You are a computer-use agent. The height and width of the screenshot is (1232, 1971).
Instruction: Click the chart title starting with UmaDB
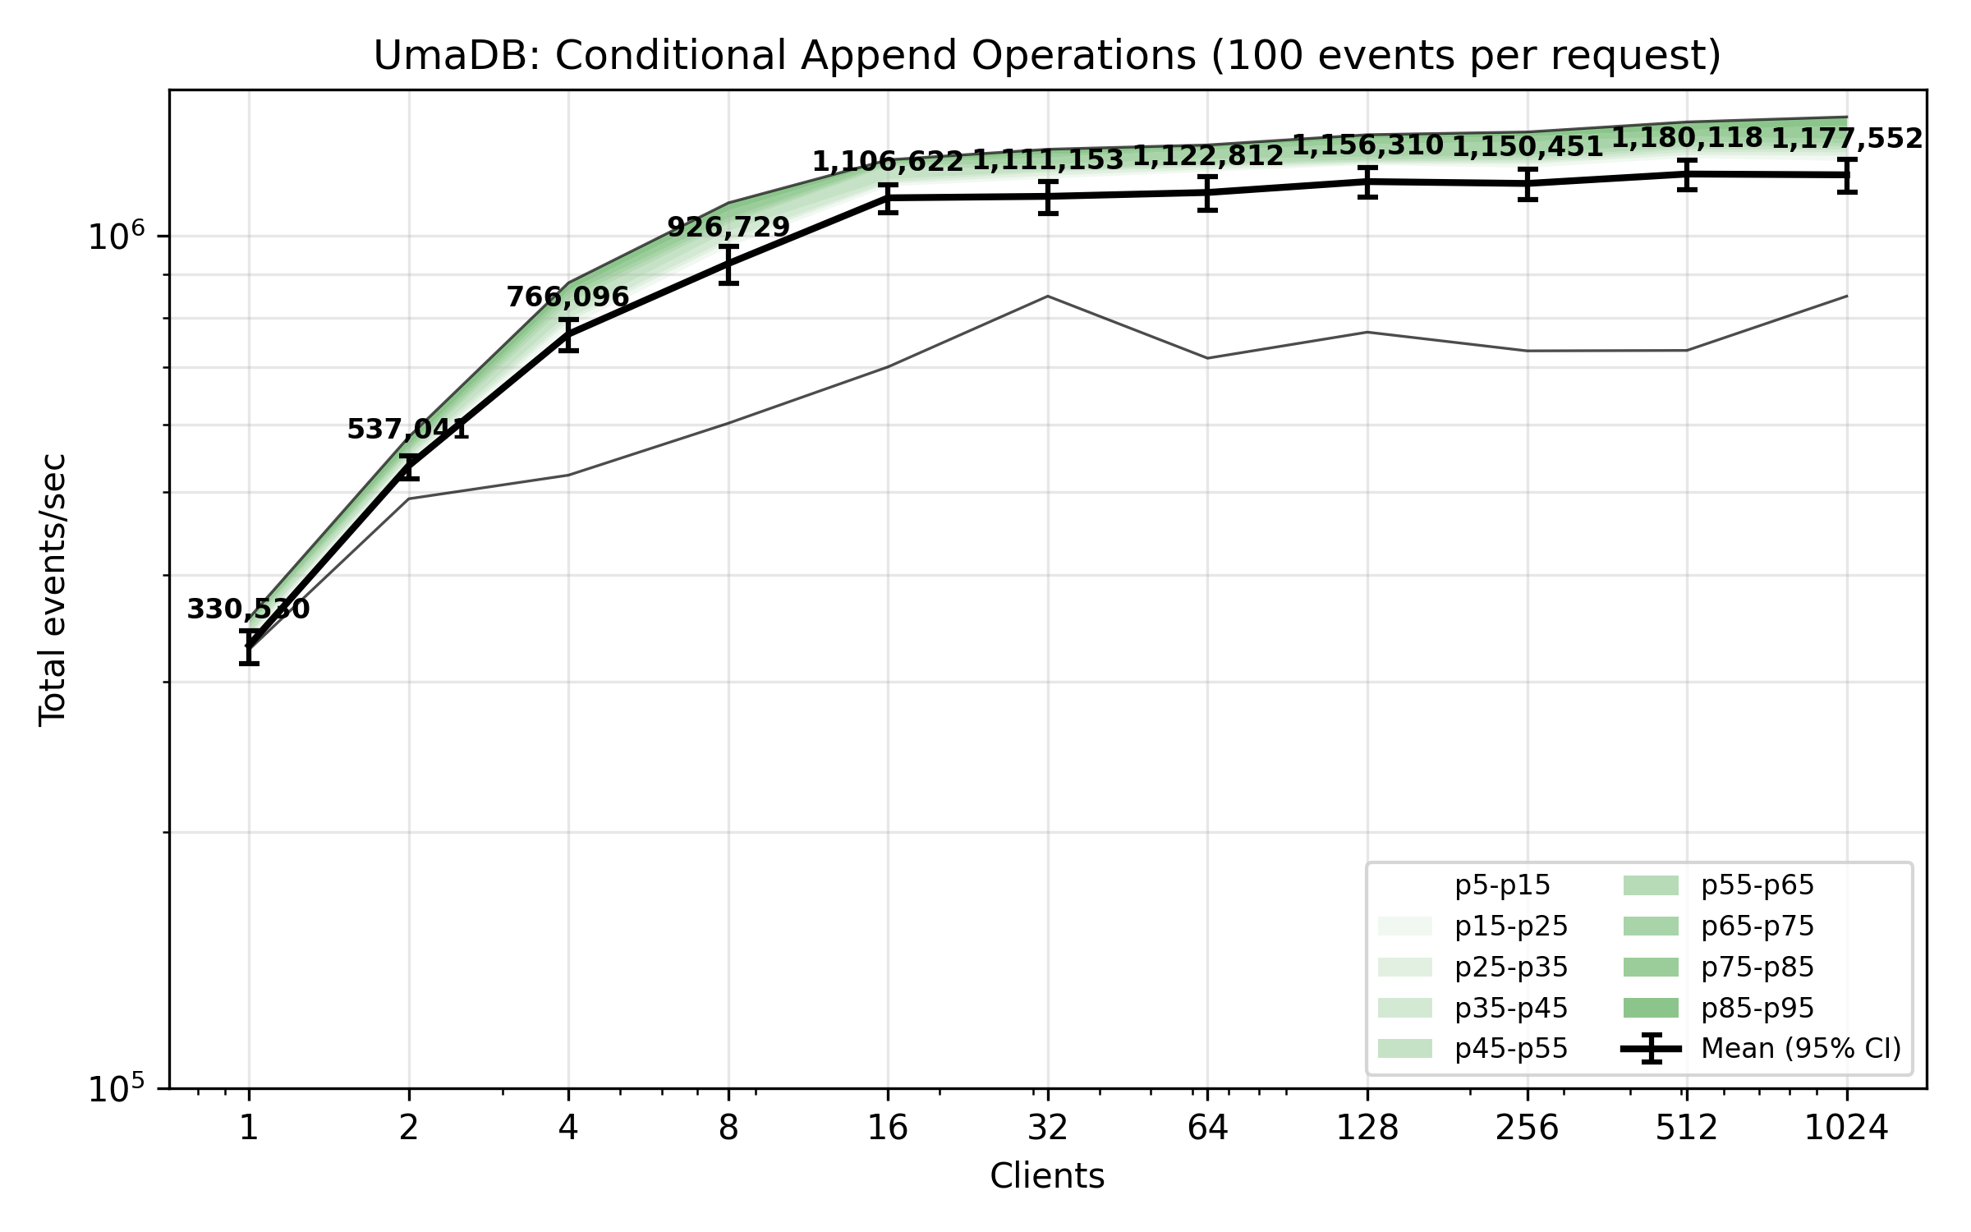[1047, 56]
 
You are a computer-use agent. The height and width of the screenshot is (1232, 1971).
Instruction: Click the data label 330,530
[248, 609]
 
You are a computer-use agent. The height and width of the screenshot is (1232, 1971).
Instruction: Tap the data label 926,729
[728, 228]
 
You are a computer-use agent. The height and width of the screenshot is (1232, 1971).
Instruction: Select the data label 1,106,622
[888, 162]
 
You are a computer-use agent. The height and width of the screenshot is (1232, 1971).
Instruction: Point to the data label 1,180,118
[1687, 138]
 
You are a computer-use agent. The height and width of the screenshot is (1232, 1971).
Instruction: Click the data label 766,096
[567, 297]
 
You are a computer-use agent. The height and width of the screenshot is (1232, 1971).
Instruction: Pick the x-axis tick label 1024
[1846, 1129]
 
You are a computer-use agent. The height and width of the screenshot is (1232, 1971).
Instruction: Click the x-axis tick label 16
[888, 1129]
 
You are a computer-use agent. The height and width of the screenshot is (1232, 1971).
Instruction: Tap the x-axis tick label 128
[1367, 1129]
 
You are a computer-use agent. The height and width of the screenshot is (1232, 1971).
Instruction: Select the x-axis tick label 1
[249, 1129]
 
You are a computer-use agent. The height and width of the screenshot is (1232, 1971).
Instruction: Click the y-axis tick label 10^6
[116, 237]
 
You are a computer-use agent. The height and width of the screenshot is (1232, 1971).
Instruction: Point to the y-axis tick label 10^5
[116, 1089]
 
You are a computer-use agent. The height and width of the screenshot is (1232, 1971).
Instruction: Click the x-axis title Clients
[1047, 1176]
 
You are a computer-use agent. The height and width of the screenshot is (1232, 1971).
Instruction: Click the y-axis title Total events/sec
[53, 590]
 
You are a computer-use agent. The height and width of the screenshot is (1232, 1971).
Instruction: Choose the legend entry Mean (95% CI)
[1801, 1049]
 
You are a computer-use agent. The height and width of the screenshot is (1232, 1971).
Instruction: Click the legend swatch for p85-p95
[1651, 1008]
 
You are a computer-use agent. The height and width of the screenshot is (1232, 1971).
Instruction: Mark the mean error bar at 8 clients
[728, 264]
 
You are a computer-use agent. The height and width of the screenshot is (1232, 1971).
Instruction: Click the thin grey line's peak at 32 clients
[1047, 296]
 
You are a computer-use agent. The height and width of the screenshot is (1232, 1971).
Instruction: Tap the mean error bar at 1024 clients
[1847, 175]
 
